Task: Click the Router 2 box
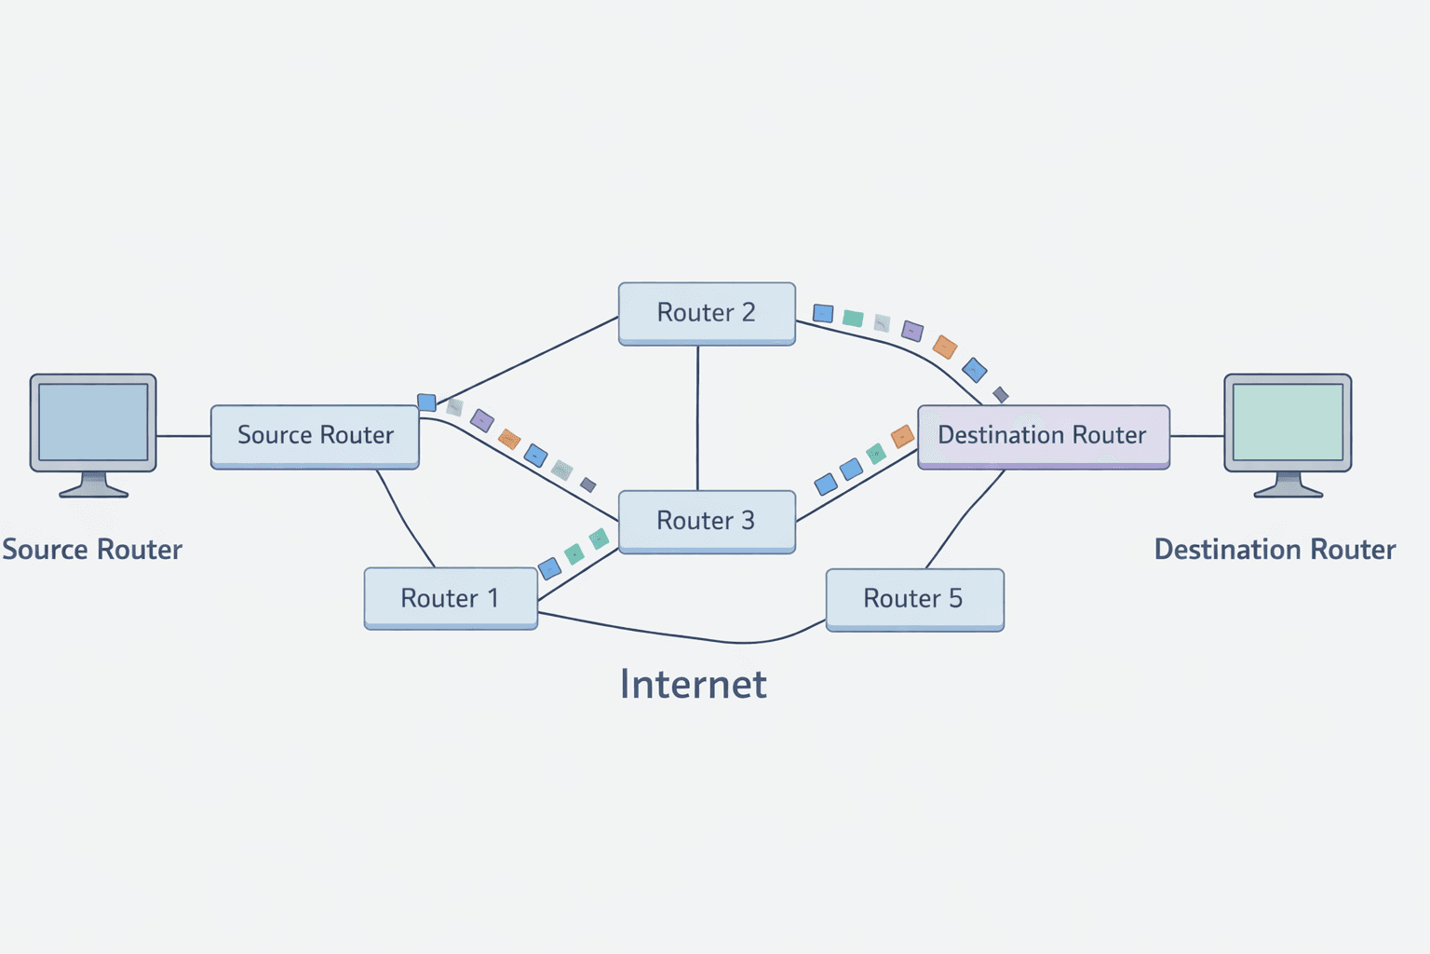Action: (x=707, y=313)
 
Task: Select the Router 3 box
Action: (x=707, y=521)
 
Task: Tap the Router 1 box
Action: (x=451, y=598)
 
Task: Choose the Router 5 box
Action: (x=914, y=599)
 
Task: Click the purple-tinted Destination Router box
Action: (x=1043, y=436)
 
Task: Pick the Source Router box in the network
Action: (x=315, y=436)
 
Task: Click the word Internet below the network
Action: (x=694, y=685)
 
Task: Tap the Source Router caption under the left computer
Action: (x=92, y=550)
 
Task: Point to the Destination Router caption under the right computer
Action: (x=1275, y=550)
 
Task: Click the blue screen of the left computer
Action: (x=93, y=421)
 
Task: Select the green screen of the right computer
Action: (x=1288, y=421)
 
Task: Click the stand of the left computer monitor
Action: (x=93, y=485)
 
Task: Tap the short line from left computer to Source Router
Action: (x=183, y=435)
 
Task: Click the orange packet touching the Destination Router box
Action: (x=902, y=437)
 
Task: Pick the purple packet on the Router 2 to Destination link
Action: (x=912, y=331)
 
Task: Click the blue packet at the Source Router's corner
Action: (x=426, y=402)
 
